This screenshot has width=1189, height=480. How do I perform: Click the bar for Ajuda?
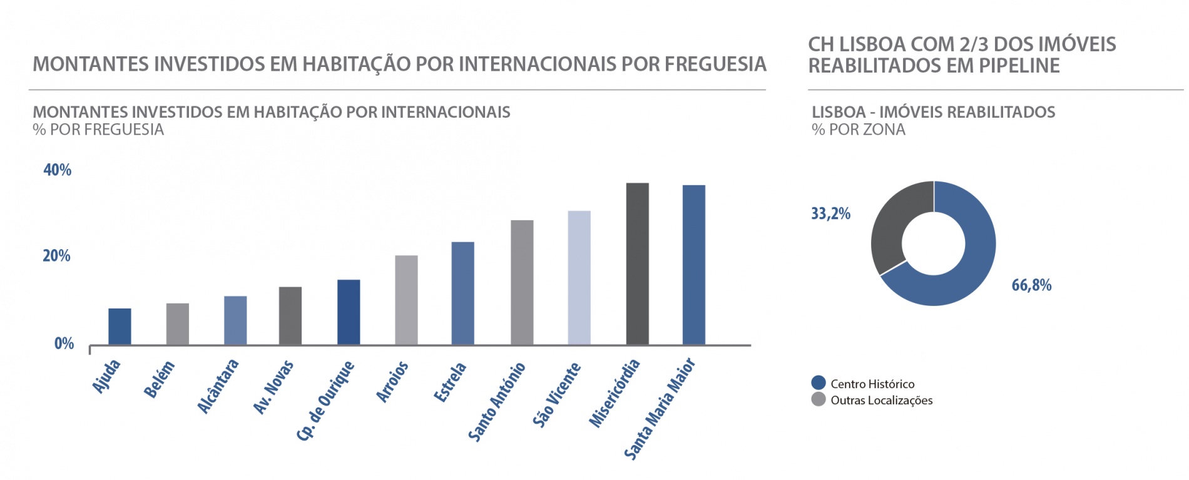pos(120,326)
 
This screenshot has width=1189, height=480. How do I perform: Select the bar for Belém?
pos(178,324)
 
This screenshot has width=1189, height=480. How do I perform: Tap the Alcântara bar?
pos(235,320)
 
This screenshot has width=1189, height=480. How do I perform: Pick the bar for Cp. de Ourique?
pos(349,312)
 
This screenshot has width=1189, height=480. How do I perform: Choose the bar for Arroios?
pos(406,300)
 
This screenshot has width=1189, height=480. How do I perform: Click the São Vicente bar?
pos(579,277)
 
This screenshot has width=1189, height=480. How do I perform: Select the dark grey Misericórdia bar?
pos(637,263)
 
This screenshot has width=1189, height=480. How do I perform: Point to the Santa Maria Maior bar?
pos(693,265)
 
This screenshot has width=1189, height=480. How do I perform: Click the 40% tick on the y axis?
pos(57,170)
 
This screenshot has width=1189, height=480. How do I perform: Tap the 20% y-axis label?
pos(56,255)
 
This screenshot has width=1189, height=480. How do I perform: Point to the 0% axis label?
pos(64,343)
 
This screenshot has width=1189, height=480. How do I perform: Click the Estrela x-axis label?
pos(450,382)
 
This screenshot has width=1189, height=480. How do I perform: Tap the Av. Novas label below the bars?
pos(273,387)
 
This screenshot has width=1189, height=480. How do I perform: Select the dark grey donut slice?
pos(892,225)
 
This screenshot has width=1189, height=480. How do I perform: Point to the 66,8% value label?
pos(1031,285)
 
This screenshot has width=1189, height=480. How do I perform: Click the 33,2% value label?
pos(830,214)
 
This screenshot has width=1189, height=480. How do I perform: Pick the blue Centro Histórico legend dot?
pos(818,383)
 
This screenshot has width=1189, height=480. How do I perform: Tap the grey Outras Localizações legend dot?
pos(818,399)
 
